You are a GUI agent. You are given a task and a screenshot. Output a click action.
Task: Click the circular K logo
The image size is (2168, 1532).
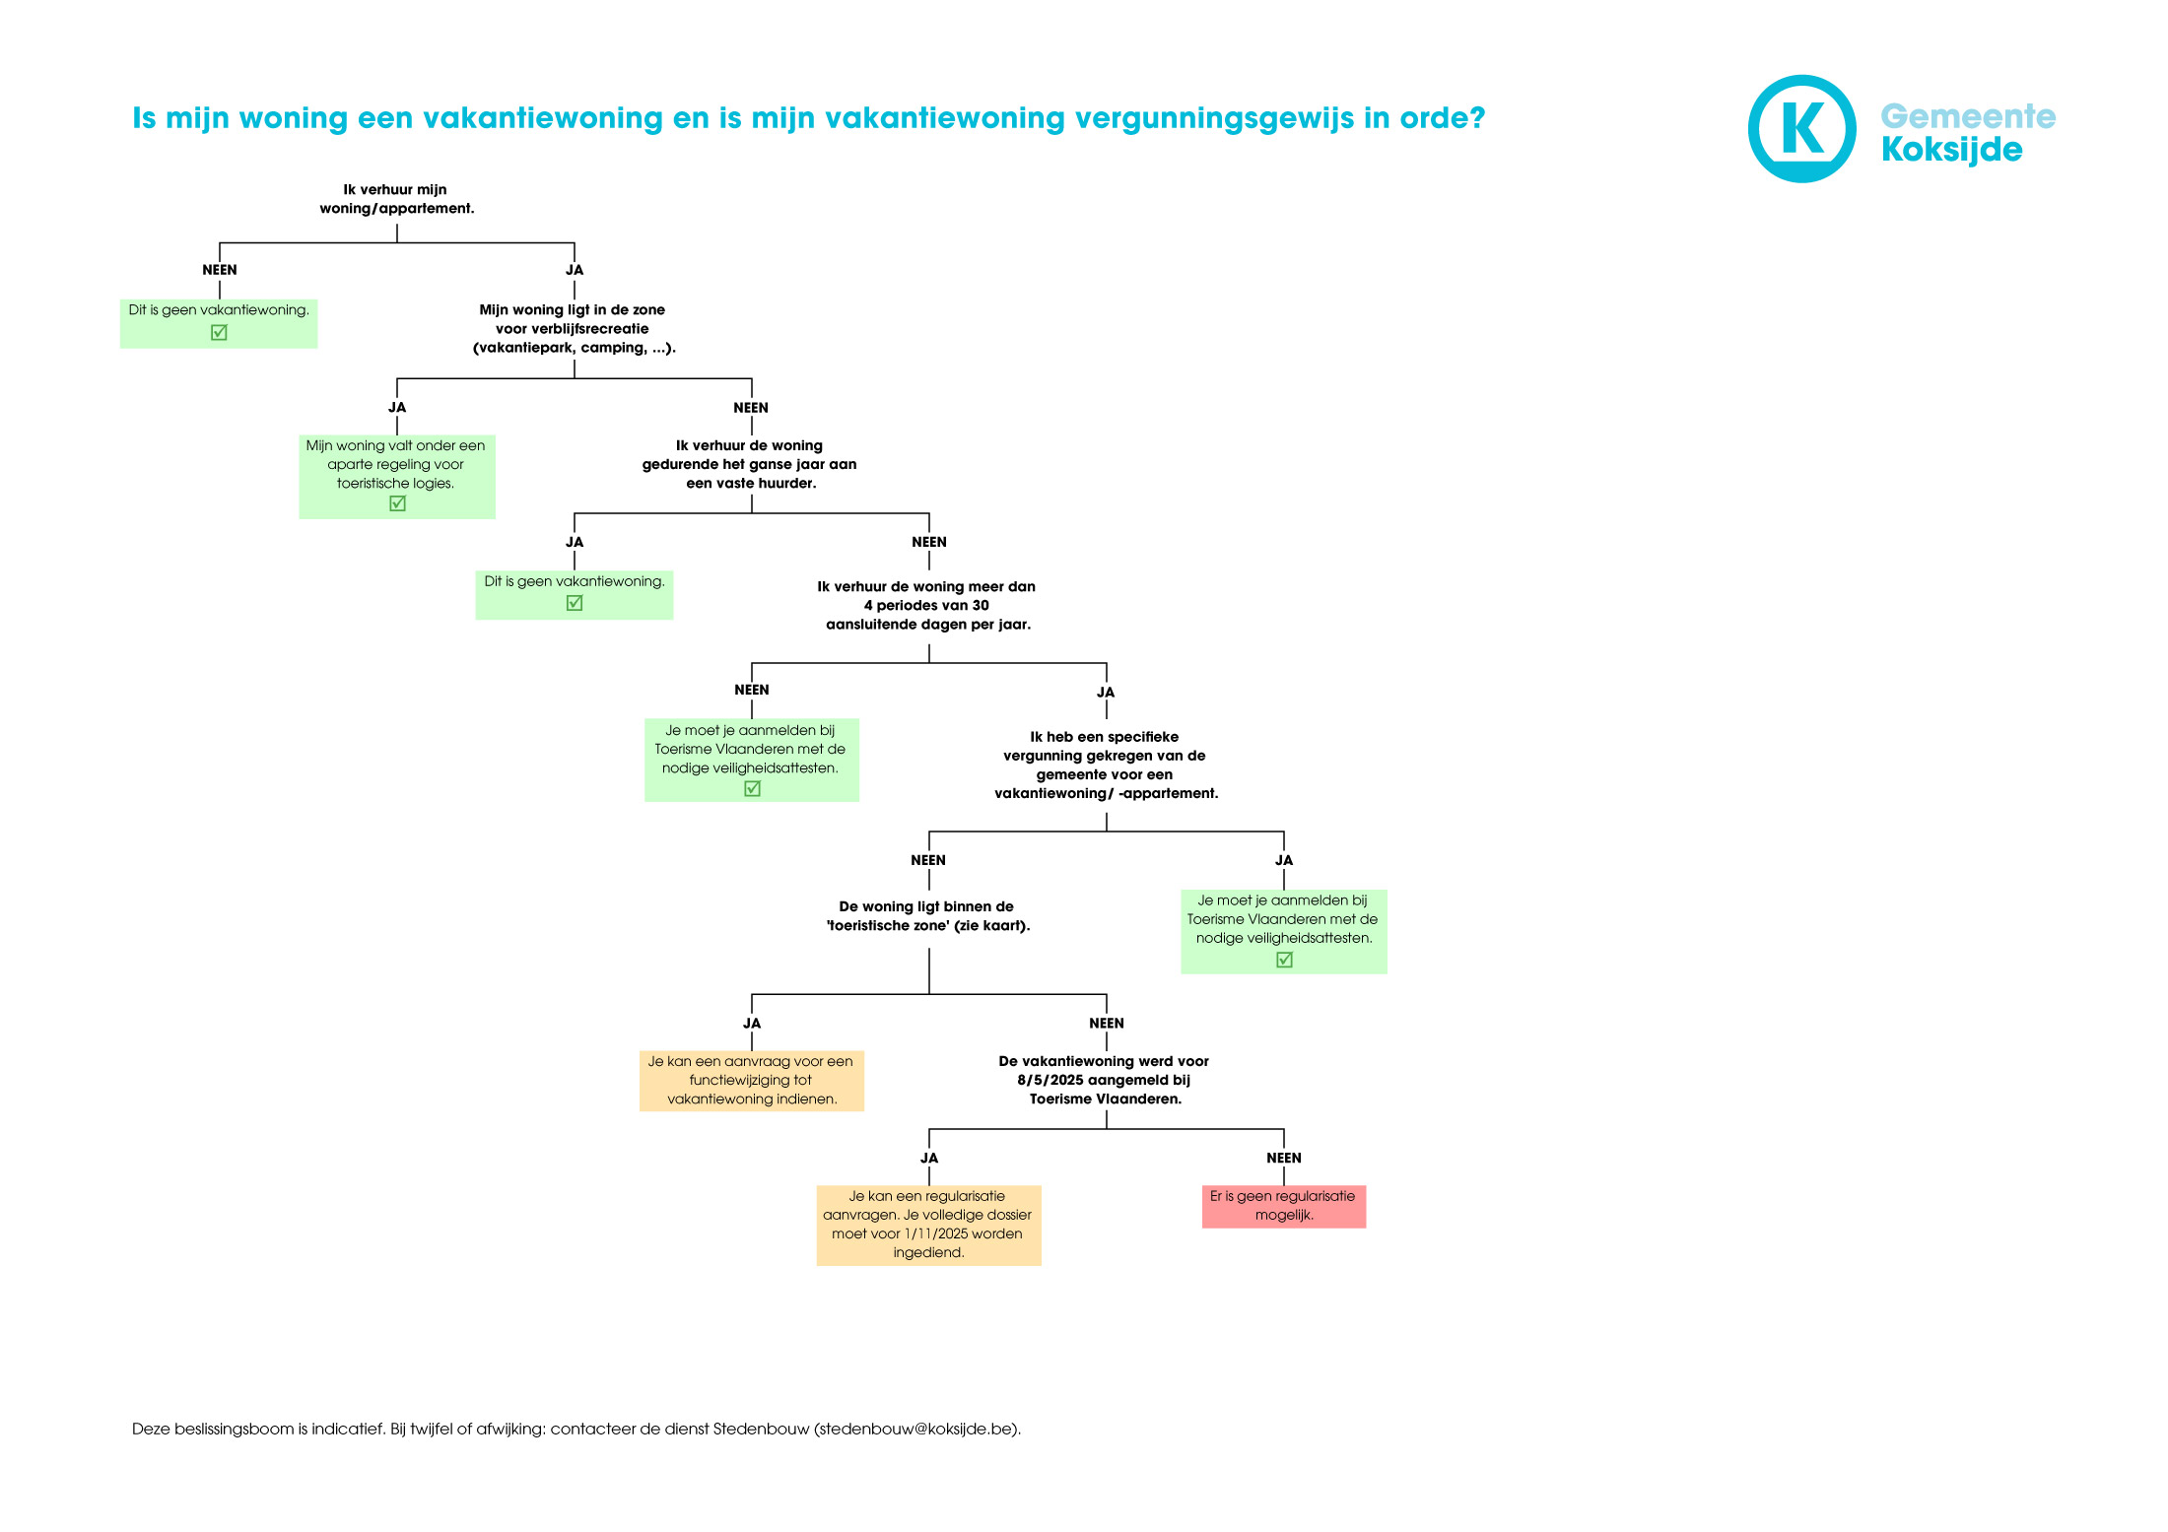[x=1801, y=129]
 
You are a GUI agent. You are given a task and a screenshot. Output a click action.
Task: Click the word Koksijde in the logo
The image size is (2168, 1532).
[x=1951, y=150]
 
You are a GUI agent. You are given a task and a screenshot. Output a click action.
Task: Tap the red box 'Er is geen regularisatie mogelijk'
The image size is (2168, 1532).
[x=1283, y=1206]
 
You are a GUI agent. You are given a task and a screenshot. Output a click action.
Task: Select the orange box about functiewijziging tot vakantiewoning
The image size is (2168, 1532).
[x=751, y=1081]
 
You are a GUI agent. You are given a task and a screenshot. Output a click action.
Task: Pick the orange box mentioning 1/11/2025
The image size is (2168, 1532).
[x=928, y=1225]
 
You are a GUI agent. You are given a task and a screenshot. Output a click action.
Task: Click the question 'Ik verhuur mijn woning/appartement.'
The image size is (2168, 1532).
[x=396, y=199]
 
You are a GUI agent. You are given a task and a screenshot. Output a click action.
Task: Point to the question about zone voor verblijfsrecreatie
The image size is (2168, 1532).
[x=574, y=329]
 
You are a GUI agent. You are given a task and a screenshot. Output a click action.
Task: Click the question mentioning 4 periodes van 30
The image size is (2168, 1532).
[x=927, y=606]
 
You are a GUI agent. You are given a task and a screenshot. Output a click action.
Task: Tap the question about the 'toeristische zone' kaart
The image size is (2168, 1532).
[x=927, y=916]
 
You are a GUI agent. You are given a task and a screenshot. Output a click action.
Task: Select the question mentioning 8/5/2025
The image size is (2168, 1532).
[x=1105, y=1081]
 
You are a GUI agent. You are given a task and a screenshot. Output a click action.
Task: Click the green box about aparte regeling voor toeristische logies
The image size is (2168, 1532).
[x=396, y=477]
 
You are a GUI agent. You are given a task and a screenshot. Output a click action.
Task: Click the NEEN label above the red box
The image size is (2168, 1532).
[x=1283, y=1159]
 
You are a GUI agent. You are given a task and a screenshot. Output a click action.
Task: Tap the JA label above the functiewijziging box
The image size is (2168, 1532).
[x=751, y=1024]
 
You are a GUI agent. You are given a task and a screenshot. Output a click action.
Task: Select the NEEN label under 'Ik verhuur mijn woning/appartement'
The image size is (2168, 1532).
[x=219, y=270]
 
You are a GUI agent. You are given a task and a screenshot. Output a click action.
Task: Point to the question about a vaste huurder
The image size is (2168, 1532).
[x=750, y=465]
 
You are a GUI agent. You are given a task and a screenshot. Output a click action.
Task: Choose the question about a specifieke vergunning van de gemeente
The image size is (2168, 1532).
[x=1106, y=766]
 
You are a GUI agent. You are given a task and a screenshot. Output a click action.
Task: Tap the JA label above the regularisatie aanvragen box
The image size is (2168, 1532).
[x=928, y=1159]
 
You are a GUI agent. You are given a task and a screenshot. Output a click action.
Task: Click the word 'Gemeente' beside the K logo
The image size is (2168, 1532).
[x=1968, y=116]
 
